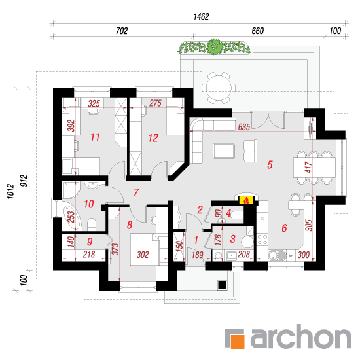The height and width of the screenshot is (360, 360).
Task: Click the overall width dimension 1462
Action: pyautogui.click(x=201, y=17)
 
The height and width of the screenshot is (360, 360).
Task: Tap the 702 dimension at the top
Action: pyautogui.click(x=122, y=31)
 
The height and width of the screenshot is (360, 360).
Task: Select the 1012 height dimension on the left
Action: pyautogui.click(x=10, y=191)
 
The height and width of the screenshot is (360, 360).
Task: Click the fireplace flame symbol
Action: pyautogui.click(x=247, y=200)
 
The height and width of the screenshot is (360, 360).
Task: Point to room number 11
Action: pyautogui.click(x=95, y=137)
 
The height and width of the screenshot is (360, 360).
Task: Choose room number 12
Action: pyautogui.click(x=153, y=138)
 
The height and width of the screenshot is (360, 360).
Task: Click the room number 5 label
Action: pyautogui.click(x=270, y=164)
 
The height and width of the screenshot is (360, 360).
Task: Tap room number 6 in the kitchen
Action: pyautogui.click(x=284, y=228)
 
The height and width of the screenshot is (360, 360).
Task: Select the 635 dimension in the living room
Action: pyautogui.click(x=244, y=127)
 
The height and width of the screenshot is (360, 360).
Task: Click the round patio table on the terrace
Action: pyautogui.click(x=219, y=88)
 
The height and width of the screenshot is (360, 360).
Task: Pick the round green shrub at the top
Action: pyautogui.click(x=215, y=47)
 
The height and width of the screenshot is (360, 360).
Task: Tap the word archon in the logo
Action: pyautogui.click(x=301, y=336)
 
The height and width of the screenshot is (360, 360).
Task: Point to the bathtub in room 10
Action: pyautogui.click(x=72, y=217)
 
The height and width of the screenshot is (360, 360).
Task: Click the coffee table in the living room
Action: pyautogui.click(x=224, y=151)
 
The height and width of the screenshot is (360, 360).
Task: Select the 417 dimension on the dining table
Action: pyautogui.click(x=308, y=167)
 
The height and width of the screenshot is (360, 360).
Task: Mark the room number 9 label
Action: pyautogui.click(x=90, y=242)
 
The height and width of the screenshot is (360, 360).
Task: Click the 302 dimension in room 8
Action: pyautogui.click(x=143, y=255)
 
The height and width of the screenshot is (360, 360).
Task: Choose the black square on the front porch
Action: pyautogui.click(x=222, y=285)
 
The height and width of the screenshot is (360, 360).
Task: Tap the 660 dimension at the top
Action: pyautogui.click(x=258, y=31)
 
